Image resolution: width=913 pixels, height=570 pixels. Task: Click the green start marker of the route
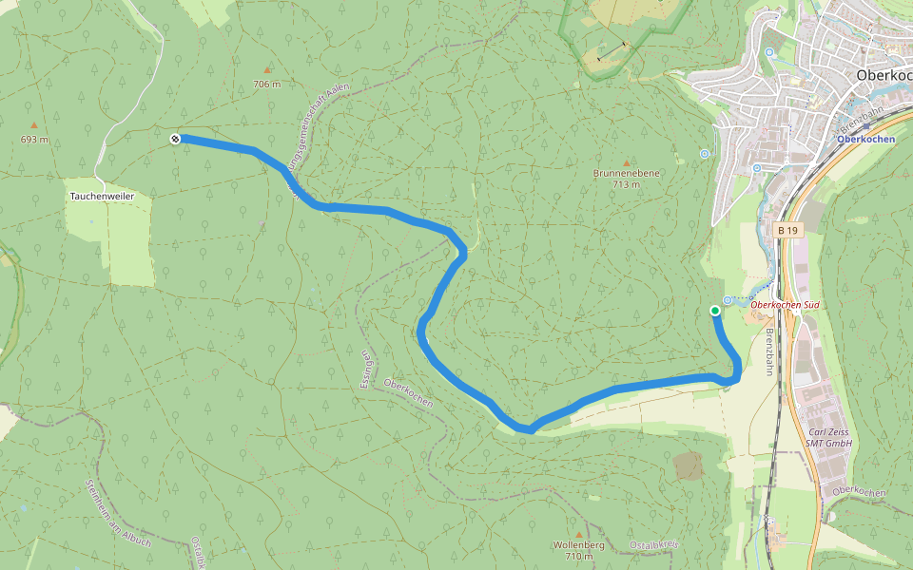pos(715,311)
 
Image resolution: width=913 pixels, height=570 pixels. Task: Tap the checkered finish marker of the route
pos(175,140)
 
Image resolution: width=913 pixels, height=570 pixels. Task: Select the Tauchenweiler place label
pos(102,197)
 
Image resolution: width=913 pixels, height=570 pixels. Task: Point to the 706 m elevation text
pos(267,85)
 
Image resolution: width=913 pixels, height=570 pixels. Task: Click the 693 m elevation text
pos(34,141)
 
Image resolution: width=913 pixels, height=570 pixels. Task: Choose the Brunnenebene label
pos(626,174)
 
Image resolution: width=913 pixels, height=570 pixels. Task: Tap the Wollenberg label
pos(578,545)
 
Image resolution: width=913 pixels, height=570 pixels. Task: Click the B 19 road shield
pos(787,230)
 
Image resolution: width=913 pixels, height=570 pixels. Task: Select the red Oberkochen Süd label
pos(785,305)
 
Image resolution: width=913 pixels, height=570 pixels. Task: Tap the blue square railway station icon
pos(866,125)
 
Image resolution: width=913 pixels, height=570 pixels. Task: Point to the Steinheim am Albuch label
pos(105,513)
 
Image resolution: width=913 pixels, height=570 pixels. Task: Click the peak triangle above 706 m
pos(267,69)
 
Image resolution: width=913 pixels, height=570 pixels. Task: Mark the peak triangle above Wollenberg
pos(578,534)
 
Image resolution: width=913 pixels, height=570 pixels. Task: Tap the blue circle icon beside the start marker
pos(728,300)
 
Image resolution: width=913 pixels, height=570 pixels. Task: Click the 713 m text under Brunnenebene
pos(626,184)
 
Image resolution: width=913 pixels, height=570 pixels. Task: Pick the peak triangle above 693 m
pos(34,125)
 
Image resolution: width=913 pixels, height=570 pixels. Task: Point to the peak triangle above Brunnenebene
pos(626,162)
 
